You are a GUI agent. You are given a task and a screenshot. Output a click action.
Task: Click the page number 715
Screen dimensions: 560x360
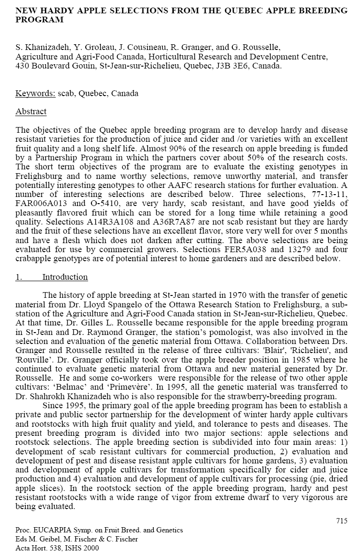tap(341, 521)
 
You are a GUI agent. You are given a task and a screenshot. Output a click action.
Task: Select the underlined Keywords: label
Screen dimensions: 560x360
tap(35, 93)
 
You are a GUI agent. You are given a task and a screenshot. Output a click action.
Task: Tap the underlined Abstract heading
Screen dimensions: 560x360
tap(31, 111)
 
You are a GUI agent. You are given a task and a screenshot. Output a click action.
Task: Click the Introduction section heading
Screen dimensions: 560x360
tap(65, 277)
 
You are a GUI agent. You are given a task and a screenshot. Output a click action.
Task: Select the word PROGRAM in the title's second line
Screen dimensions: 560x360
tap(39, 20)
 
